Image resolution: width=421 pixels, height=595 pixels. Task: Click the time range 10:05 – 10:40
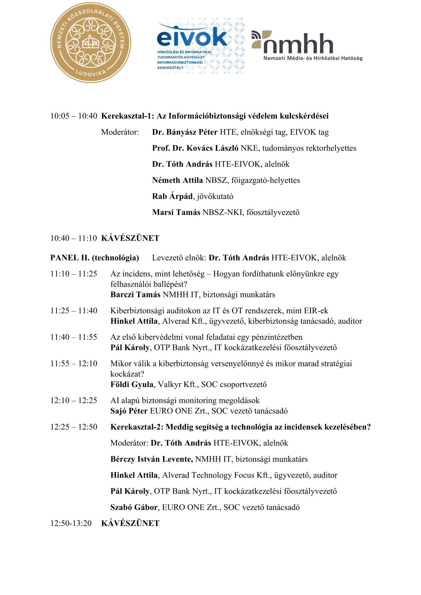[74, 116]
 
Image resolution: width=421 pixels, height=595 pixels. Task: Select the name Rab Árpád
[172, 196]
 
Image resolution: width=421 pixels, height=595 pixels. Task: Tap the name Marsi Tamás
[176, 212]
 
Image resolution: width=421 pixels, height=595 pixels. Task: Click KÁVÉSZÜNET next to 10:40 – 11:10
[130, 238]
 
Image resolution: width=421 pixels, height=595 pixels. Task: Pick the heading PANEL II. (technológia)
[95, 258]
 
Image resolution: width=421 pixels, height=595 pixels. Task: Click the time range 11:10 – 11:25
[74, 274]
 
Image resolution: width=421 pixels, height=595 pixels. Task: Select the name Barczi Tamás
[135, 294]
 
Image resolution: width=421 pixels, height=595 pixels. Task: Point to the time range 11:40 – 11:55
[74, 337]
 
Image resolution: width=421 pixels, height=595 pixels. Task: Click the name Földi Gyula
[132, 384]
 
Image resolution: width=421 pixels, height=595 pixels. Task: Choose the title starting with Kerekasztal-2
[240, 427]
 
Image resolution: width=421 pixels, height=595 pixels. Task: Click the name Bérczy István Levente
[151, 459]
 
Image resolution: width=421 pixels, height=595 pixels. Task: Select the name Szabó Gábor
[134, 507]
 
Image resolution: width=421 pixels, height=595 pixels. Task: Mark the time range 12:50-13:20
[71, 523]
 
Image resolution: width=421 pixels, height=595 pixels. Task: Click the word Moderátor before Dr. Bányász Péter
[120, 132]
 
